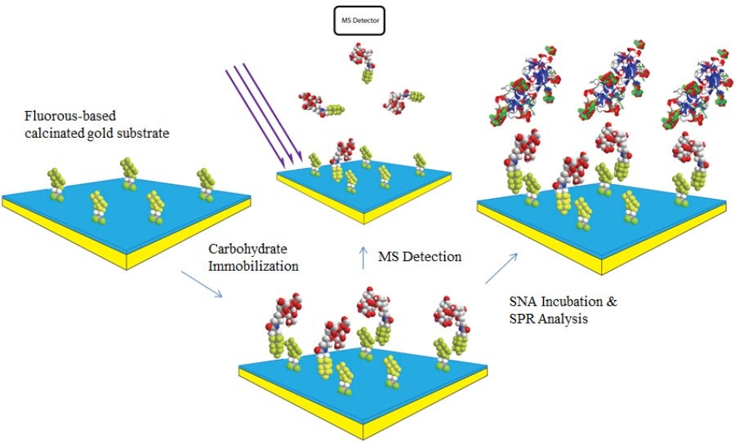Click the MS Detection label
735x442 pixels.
[420, 257]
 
